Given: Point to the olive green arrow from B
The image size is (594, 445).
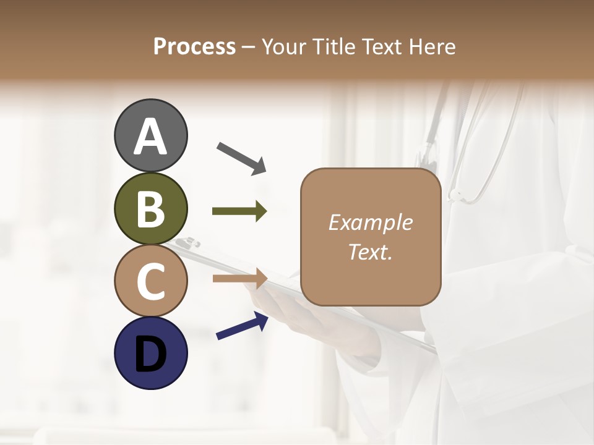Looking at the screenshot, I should point(239,211).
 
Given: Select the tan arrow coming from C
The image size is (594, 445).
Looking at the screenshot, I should point(239,278).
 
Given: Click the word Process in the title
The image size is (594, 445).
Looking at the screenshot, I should point(194,46).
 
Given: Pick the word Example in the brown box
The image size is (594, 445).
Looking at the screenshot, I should point(370,222).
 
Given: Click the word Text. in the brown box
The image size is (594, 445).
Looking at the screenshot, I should point(370,252).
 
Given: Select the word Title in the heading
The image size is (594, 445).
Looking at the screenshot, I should point(334,46).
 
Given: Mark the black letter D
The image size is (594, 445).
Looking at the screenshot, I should point(150,354).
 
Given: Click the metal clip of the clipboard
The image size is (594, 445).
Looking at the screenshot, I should point(186,243).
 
